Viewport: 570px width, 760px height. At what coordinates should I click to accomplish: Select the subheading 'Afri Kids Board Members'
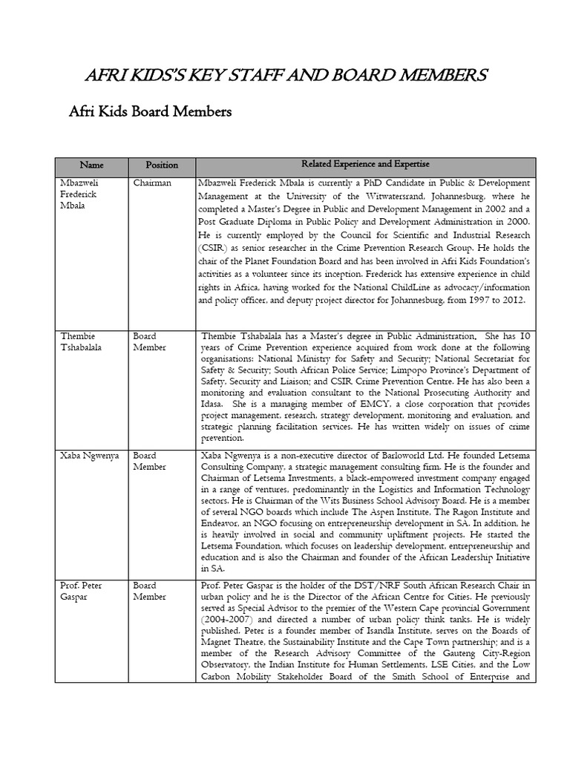pyautogui.click(x=150, y=112)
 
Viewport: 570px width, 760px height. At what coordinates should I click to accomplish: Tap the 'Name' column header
pyautogui.click(x=92, y=165)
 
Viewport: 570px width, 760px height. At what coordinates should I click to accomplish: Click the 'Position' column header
pyautogui.click(x=161, y=165)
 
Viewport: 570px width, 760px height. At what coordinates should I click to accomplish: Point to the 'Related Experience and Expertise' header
pyautogui.click(x=365, y=164)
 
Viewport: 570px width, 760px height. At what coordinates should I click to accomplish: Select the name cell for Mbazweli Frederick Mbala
pyautogui.click(x=79, y=194)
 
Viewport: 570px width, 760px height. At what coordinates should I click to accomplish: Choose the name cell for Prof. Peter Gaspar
pyautogui.click(x=82, y=592)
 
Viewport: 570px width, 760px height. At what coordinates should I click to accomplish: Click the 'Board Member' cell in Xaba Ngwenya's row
pyautogui.click(x=150, y=460)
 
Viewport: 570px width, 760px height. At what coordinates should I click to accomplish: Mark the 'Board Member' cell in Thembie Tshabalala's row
pyautogui.click(x=150, y=341)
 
